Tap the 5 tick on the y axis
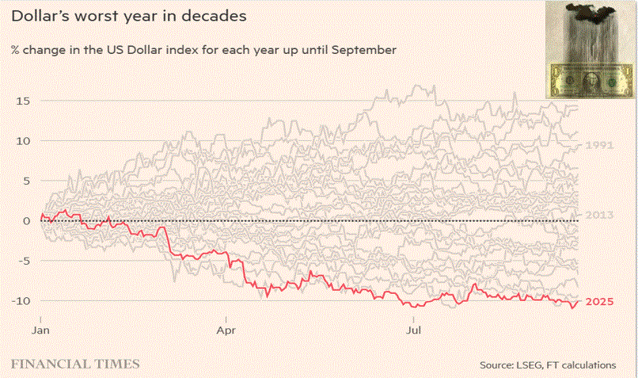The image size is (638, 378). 26,181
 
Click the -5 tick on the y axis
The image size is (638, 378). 24,261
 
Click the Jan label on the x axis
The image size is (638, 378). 40,326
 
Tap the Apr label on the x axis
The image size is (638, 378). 228,326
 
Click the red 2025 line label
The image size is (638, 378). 599,302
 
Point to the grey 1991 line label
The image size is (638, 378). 598,145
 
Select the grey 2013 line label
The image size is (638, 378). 598,215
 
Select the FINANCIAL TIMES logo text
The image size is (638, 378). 75,365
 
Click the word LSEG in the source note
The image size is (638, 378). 526,365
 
